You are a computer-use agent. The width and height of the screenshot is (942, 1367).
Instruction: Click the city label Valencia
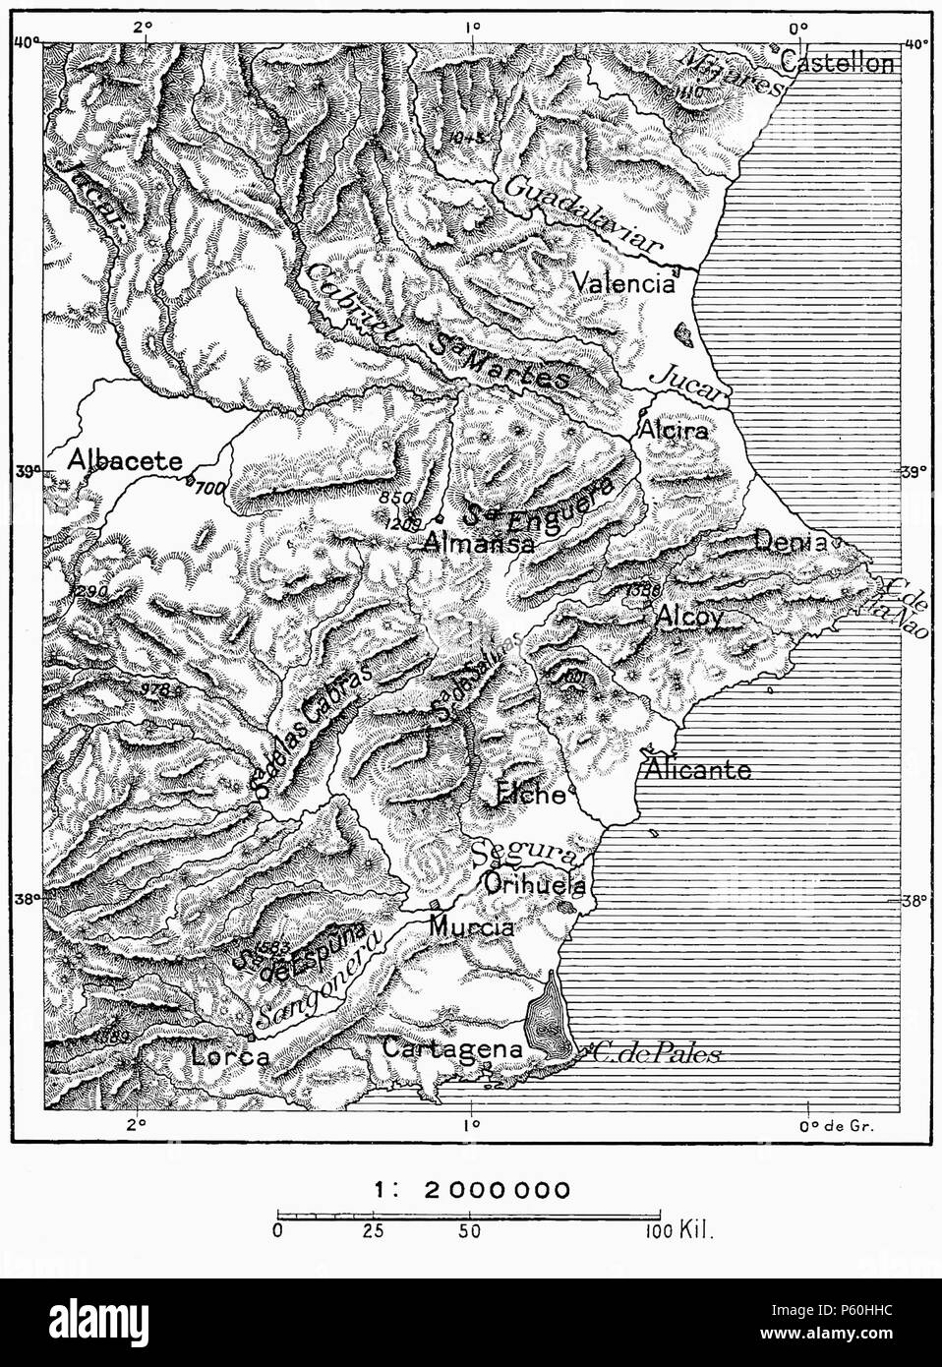point(625,284)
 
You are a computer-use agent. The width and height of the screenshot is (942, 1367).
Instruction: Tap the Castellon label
point(839,65)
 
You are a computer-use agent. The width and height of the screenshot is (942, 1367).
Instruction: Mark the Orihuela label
point(535,882)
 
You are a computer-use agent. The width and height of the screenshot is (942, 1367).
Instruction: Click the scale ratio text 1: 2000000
point(470,1190)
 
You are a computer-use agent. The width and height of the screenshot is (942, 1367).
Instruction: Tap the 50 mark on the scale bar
point(470,1230)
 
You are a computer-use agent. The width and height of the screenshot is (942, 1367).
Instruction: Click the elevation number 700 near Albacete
point(209,487)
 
